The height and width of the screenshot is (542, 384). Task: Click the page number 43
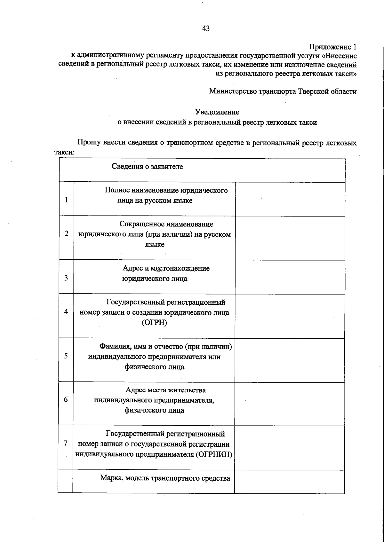click(x=206, y=28)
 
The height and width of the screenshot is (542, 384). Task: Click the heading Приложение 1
click(x=332, y=47)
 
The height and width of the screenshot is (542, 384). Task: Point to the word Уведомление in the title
click(x=217, y=112)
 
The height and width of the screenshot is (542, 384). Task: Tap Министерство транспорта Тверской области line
click(x=283, y=91)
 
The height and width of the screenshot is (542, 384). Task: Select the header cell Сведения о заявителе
click(x=147, y=167)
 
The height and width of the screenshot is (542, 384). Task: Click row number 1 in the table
click(x=66, y=200)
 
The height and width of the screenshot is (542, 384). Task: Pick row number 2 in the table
click(x=66, y=233)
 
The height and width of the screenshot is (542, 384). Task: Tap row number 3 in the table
click(x=66, y=278)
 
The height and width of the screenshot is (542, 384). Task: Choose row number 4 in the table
click(x=66, y=311)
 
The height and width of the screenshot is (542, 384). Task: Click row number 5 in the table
click(x=66, y=356)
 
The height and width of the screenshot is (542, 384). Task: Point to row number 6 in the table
click(x=66, y=399)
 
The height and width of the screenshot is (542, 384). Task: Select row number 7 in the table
click(x=65, y=443)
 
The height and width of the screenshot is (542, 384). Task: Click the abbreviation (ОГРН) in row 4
click(x=154, y=323)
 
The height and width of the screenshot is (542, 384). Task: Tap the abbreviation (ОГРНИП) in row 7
click(x=213, y=454)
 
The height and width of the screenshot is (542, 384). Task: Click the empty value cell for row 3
click(x=290, y=277)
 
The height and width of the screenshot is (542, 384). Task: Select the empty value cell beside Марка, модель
click(x=289, y=481)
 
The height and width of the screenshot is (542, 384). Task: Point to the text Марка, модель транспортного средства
click(x=165, y=478)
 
